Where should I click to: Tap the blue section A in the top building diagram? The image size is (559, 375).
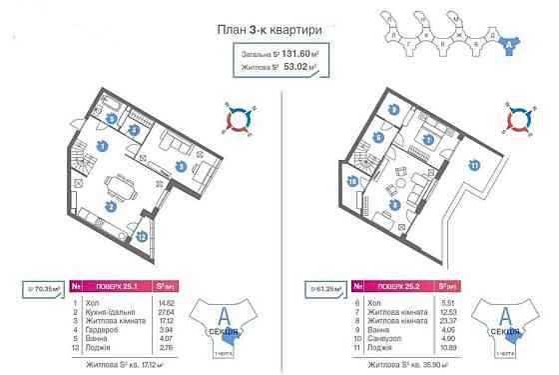(508, 43)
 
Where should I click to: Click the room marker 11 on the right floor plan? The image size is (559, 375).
(475, 165)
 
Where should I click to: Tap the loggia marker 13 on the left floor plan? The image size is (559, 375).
(142, 236)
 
